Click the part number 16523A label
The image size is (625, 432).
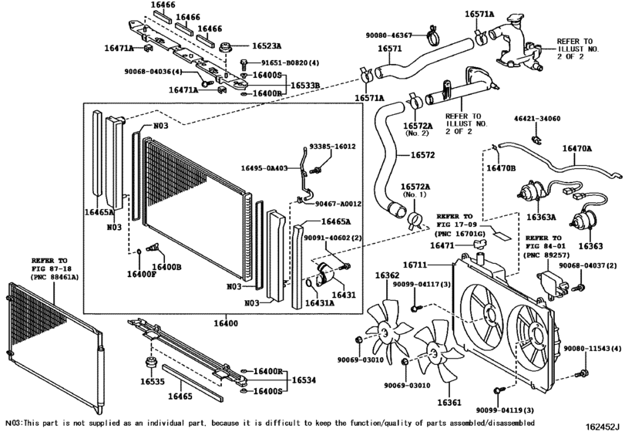267,46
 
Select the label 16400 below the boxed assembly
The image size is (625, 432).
226,323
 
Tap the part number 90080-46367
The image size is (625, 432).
389,35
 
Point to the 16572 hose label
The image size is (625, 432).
422,155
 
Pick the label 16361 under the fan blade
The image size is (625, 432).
449,403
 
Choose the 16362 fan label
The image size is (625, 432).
387,275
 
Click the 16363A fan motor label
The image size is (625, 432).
541,217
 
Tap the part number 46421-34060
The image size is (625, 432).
537,119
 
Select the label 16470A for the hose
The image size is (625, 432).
577,148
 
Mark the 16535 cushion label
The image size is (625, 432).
153,382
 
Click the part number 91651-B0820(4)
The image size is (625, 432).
284,62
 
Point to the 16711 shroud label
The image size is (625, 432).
415,265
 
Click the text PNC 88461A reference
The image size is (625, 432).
55,276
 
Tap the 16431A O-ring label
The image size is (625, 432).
320,303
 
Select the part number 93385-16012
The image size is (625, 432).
332,147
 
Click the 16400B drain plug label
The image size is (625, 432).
166,267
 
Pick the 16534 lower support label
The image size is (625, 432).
304,380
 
